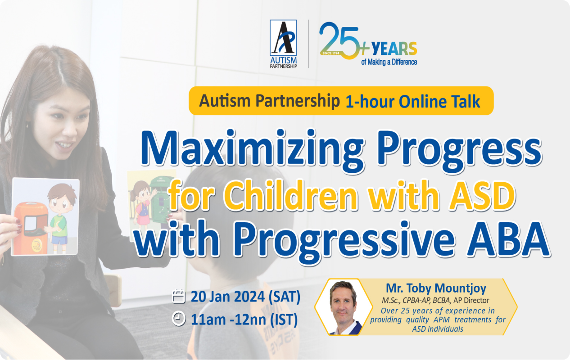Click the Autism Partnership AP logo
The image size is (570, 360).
(x=283, y=44)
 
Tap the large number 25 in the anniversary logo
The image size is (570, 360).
(x=339, y=40)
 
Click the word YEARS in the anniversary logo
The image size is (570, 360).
(x=394, y=48)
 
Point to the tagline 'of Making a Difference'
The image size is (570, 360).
(x=389, y=62)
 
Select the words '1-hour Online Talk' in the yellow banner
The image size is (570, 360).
(x=412, y=102)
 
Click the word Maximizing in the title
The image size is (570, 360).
(x=253, y=152)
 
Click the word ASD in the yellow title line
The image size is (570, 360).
(x=482, y=196)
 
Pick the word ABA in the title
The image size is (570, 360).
(x=508, y=239)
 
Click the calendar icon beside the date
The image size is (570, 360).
(x=178, y=296)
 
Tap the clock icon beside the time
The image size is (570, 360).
(x=179, y=319)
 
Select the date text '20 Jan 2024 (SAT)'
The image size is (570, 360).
(x=245, y=297)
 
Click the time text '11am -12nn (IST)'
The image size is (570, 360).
(x=244, y=319)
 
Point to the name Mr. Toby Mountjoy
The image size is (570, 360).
(x=436, y=288)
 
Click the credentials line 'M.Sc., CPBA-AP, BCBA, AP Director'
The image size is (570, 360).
(x=435, y=301)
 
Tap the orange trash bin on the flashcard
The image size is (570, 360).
(x=31, y=228)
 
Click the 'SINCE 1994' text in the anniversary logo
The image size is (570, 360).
(x=331, y=53)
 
